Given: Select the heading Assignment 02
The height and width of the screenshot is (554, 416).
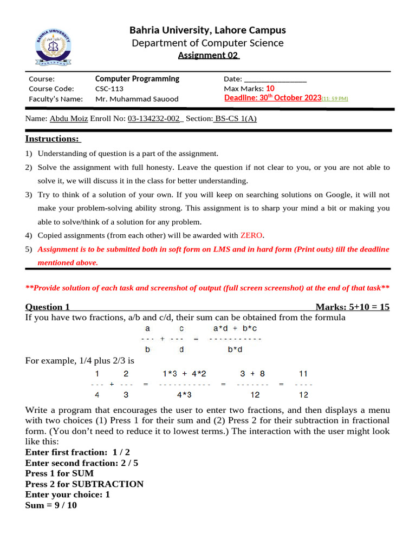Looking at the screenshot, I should point(209,55).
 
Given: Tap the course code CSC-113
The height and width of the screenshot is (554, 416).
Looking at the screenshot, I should point(109,89).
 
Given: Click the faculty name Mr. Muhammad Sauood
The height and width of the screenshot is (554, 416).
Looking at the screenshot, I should point(136,99).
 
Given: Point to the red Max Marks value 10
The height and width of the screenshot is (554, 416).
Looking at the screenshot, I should point(270,89).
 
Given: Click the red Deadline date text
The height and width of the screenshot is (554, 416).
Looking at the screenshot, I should point(272,98).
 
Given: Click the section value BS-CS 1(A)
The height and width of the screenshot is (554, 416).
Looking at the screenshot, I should point(236,119).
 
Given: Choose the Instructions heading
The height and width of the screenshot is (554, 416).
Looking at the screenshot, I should point(52,139).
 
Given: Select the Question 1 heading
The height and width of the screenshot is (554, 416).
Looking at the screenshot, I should point(48,307).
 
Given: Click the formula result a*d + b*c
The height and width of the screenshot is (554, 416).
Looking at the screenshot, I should point(235,328).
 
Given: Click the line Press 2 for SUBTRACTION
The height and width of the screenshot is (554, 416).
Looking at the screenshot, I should point(84,484).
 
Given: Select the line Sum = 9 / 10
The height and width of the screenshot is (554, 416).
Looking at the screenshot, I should point(51,506).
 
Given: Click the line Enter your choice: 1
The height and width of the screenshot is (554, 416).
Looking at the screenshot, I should point(68,495).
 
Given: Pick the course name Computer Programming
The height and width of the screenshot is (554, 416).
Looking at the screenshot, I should point(137,79).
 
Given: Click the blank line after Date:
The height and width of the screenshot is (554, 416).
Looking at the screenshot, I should point(276,80).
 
